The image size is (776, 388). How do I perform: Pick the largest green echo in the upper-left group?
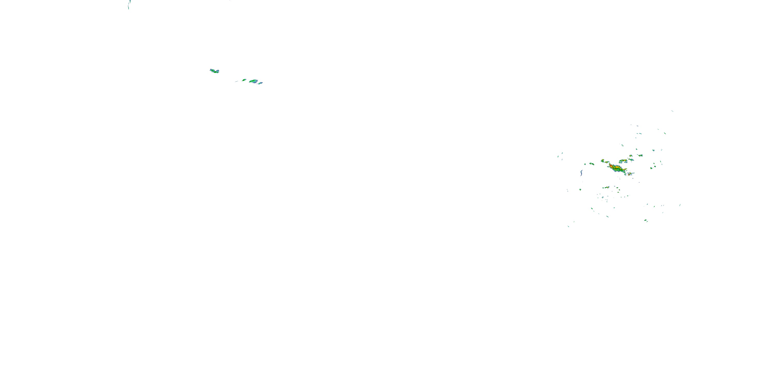(253, 81)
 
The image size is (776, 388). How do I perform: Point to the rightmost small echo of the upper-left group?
(260, 83)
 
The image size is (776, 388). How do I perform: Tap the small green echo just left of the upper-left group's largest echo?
(244, 80)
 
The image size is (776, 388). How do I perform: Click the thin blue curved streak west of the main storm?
(581, 173)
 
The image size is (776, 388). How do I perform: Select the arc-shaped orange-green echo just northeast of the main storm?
(623, 161)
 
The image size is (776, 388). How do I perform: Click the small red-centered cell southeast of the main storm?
(630, 174)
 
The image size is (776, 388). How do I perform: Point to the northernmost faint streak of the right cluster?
(672, 111)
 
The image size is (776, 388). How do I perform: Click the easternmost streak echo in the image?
(680, 205)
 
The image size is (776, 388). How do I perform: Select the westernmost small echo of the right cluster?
(559, 156)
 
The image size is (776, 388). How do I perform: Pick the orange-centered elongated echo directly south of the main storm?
(606, 187)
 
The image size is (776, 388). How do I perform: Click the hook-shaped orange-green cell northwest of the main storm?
(603, 161)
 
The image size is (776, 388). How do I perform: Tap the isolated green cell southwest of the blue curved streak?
(580, 190)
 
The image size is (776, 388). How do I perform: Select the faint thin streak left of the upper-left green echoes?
(236, 81)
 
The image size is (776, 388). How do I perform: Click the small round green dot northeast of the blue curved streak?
(585, 164)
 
